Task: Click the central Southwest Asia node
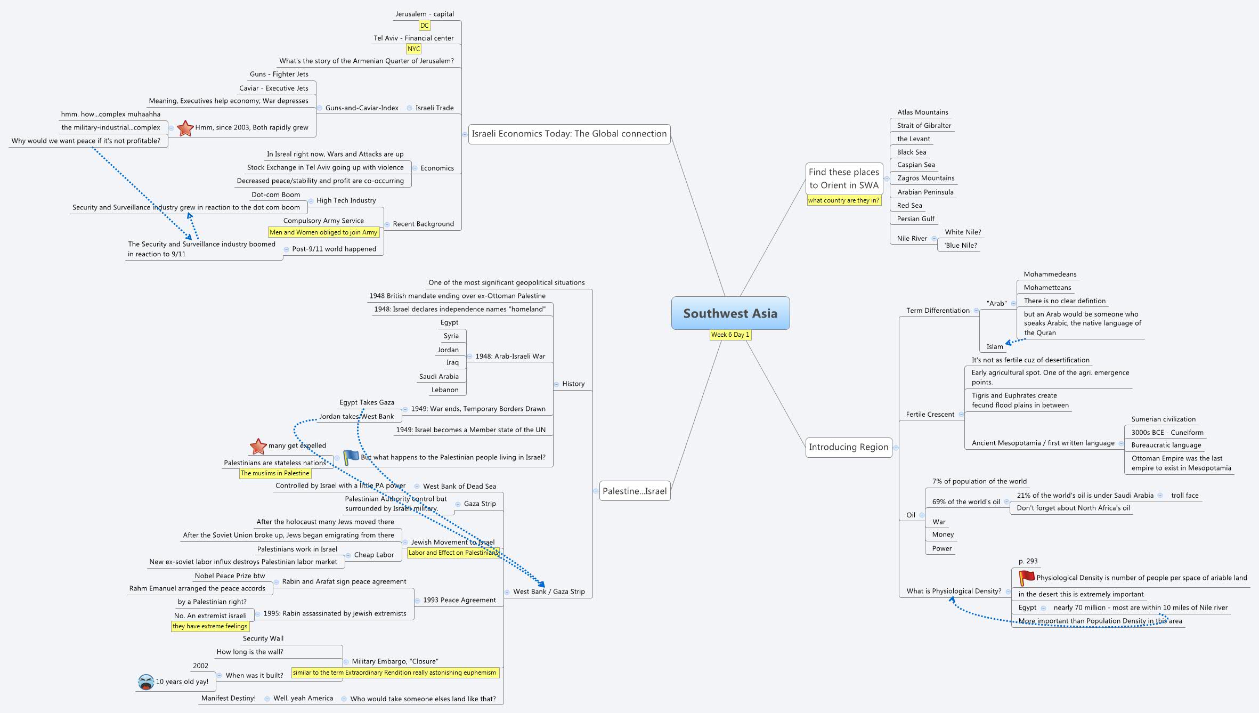click(730, 313)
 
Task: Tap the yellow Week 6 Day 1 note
click(730, 335)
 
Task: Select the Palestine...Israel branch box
click(634, 491)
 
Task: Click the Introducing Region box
click(848, 447)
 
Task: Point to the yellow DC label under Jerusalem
click(424, 26)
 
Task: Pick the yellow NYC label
click(413, 49)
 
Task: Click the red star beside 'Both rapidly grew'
click(185, 128)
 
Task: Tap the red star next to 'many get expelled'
click(258, 446)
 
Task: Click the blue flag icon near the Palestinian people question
click(351, 457)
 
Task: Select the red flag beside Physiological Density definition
click(1026, 578)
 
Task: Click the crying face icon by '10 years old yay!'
click(145, 682)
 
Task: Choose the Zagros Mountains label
click(925, 178)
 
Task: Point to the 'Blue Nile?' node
click(961, 246)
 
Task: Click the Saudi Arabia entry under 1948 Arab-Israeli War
click(438, 377)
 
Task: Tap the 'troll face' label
click(1184, 496)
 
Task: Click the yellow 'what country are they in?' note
click(843, 200)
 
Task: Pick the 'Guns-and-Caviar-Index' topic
click(362, 108)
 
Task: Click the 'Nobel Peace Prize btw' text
click(230, 576)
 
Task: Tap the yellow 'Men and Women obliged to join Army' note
click(323, 232)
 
